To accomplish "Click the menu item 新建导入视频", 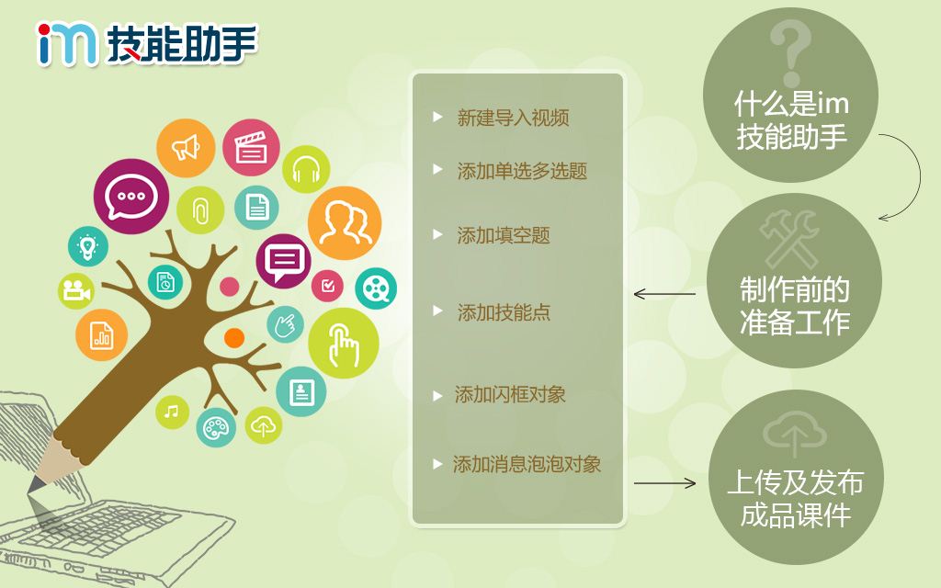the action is [x=513, y=118].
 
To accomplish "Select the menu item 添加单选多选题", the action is [x=522, y=171].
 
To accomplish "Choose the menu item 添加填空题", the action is [x=504, y=235].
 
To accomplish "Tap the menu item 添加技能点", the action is [x=504, y=312].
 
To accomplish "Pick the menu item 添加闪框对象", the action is [x=510, y=394].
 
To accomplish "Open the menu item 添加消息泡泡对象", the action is [x=527, y=464].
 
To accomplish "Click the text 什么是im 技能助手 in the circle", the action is [x=791, y=120].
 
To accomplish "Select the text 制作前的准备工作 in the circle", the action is [x=795, y=306].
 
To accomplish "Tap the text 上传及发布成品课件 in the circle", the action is [x=795, y=499].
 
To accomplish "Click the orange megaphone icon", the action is [x=186, y=148].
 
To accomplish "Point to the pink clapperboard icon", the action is [x=251, y=148].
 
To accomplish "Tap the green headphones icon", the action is [x=306, y=169].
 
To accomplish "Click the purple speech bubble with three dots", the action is [x=131, y=197].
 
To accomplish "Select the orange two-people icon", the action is [x=345, y=223].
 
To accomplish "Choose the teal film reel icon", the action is [x=376, y=288].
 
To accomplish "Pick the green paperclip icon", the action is [x=200, y=210].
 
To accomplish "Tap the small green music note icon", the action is [x=172, y=413].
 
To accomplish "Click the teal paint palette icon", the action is [x=216, y=427].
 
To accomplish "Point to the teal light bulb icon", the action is [x=88, y=246].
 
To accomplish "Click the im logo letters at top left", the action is [x=66, y=43].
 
